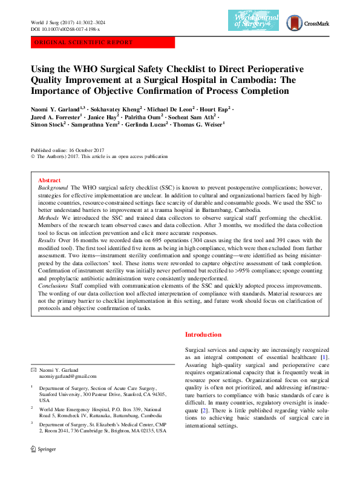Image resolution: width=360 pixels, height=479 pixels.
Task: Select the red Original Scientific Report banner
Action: (x=102, y=42)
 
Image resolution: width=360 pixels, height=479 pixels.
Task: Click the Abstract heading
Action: (x=49, y=180)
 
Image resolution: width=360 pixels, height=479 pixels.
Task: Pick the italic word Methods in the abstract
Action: (x=48, y=217)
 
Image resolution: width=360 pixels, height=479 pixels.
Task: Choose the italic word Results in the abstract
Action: (x=47, y=240)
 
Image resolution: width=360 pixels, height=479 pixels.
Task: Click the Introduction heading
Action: (x=203, y=334)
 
